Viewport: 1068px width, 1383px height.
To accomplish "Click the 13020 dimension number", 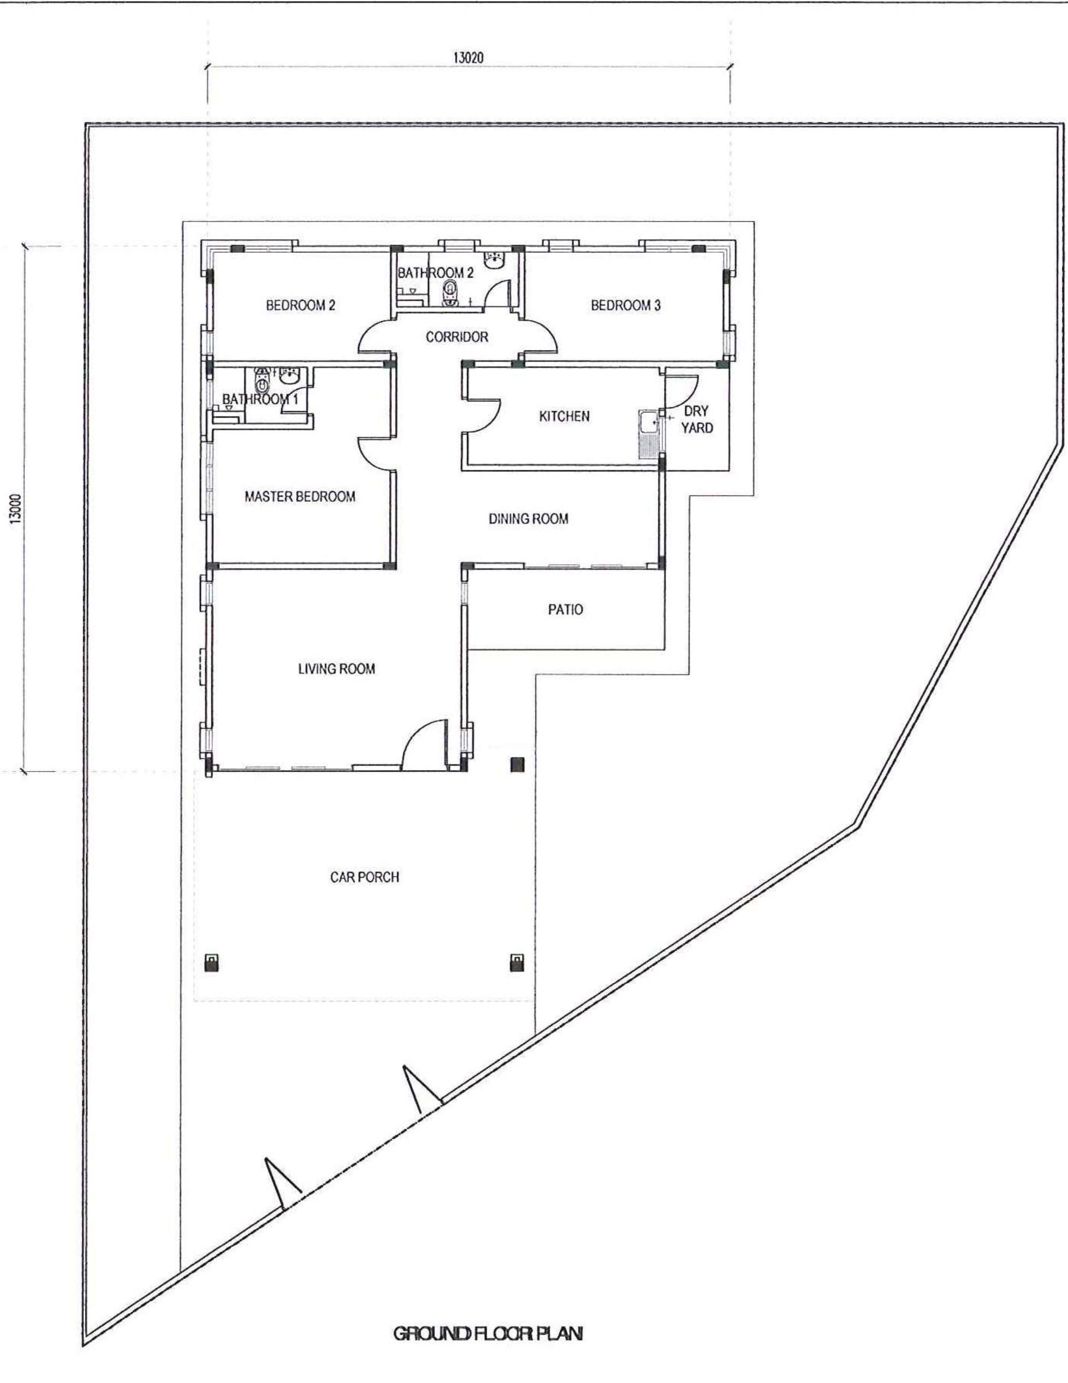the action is click(x=469, y=58).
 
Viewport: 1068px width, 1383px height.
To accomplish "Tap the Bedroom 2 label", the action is click(x=300, y=305).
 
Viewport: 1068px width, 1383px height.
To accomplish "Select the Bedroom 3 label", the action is click(x=625, y=305).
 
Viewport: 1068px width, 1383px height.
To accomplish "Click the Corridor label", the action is click(x=457, y=337).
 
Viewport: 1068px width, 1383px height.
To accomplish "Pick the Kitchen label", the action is click(x=564, y=416).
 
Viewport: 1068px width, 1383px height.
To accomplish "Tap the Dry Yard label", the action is click(x=696, y=419).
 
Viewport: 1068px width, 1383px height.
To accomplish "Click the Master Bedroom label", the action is click(x=300, y=497).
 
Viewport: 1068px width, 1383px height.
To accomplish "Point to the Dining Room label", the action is click(x=528, y=518).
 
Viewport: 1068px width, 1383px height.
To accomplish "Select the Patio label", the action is click(x=566, y=610).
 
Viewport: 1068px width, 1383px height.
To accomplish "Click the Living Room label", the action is click(x=336, y=669).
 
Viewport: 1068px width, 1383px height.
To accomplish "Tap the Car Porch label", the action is click(x=365, y=877).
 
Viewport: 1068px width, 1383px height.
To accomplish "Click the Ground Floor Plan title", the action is click(x=488, y=1333).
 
